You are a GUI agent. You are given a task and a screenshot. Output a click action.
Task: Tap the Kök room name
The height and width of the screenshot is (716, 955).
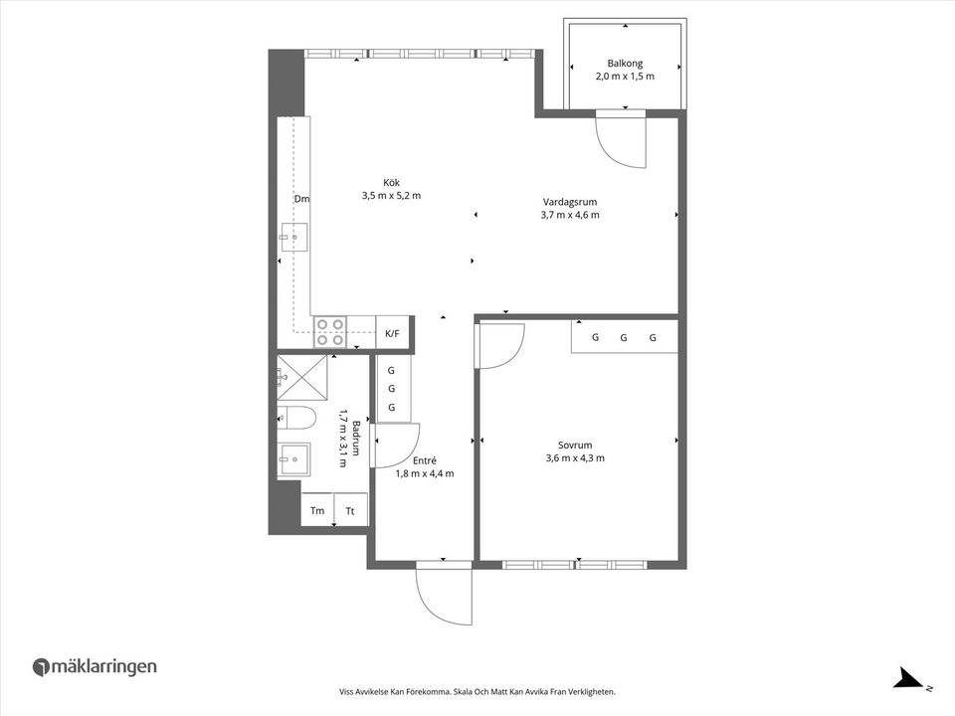(391, 182)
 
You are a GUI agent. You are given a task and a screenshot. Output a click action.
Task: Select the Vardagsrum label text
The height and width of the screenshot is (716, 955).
(569, 201)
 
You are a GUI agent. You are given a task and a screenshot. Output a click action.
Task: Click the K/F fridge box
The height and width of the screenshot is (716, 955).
(392, 333)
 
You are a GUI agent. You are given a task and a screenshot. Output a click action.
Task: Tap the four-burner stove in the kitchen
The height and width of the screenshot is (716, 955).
(330, 331)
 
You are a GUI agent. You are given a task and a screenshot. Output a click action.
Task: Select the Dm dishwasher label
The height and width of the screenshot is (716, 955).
(301, 199)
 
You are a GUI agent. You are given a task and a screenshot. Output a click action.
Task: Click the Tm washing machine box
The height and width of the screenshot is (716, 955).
(317, 510)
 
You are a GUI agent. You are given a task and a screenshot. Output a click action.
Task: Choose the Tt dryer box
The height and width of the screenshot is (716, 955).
(350, 510)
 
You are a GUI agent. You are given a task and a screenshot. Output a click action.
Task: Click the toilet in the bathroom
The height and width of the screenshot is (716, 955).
(294, 417)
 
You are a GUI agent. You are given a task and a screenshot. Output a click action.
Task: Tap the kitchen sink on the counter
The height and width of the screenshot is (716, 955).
(293, 238)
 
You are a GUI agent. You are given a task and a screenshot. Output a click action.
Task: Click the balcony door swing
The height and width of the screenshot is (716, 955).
(623, 141)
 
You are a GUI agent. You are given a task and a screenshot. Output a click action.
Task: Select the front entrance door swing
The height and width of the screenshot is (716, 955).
(444, 595)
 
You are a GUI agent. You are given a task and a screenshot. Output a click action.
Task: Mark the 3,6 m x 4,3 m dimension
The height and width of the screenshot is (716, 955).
(575, 458)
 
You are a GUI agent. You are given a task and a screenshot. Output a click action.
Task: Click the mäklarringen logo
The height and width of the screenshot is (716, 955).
(95, 667)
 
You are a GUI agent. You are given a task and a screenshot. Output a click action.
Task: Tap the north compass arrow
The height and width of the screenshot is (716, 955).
(908, 679)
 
